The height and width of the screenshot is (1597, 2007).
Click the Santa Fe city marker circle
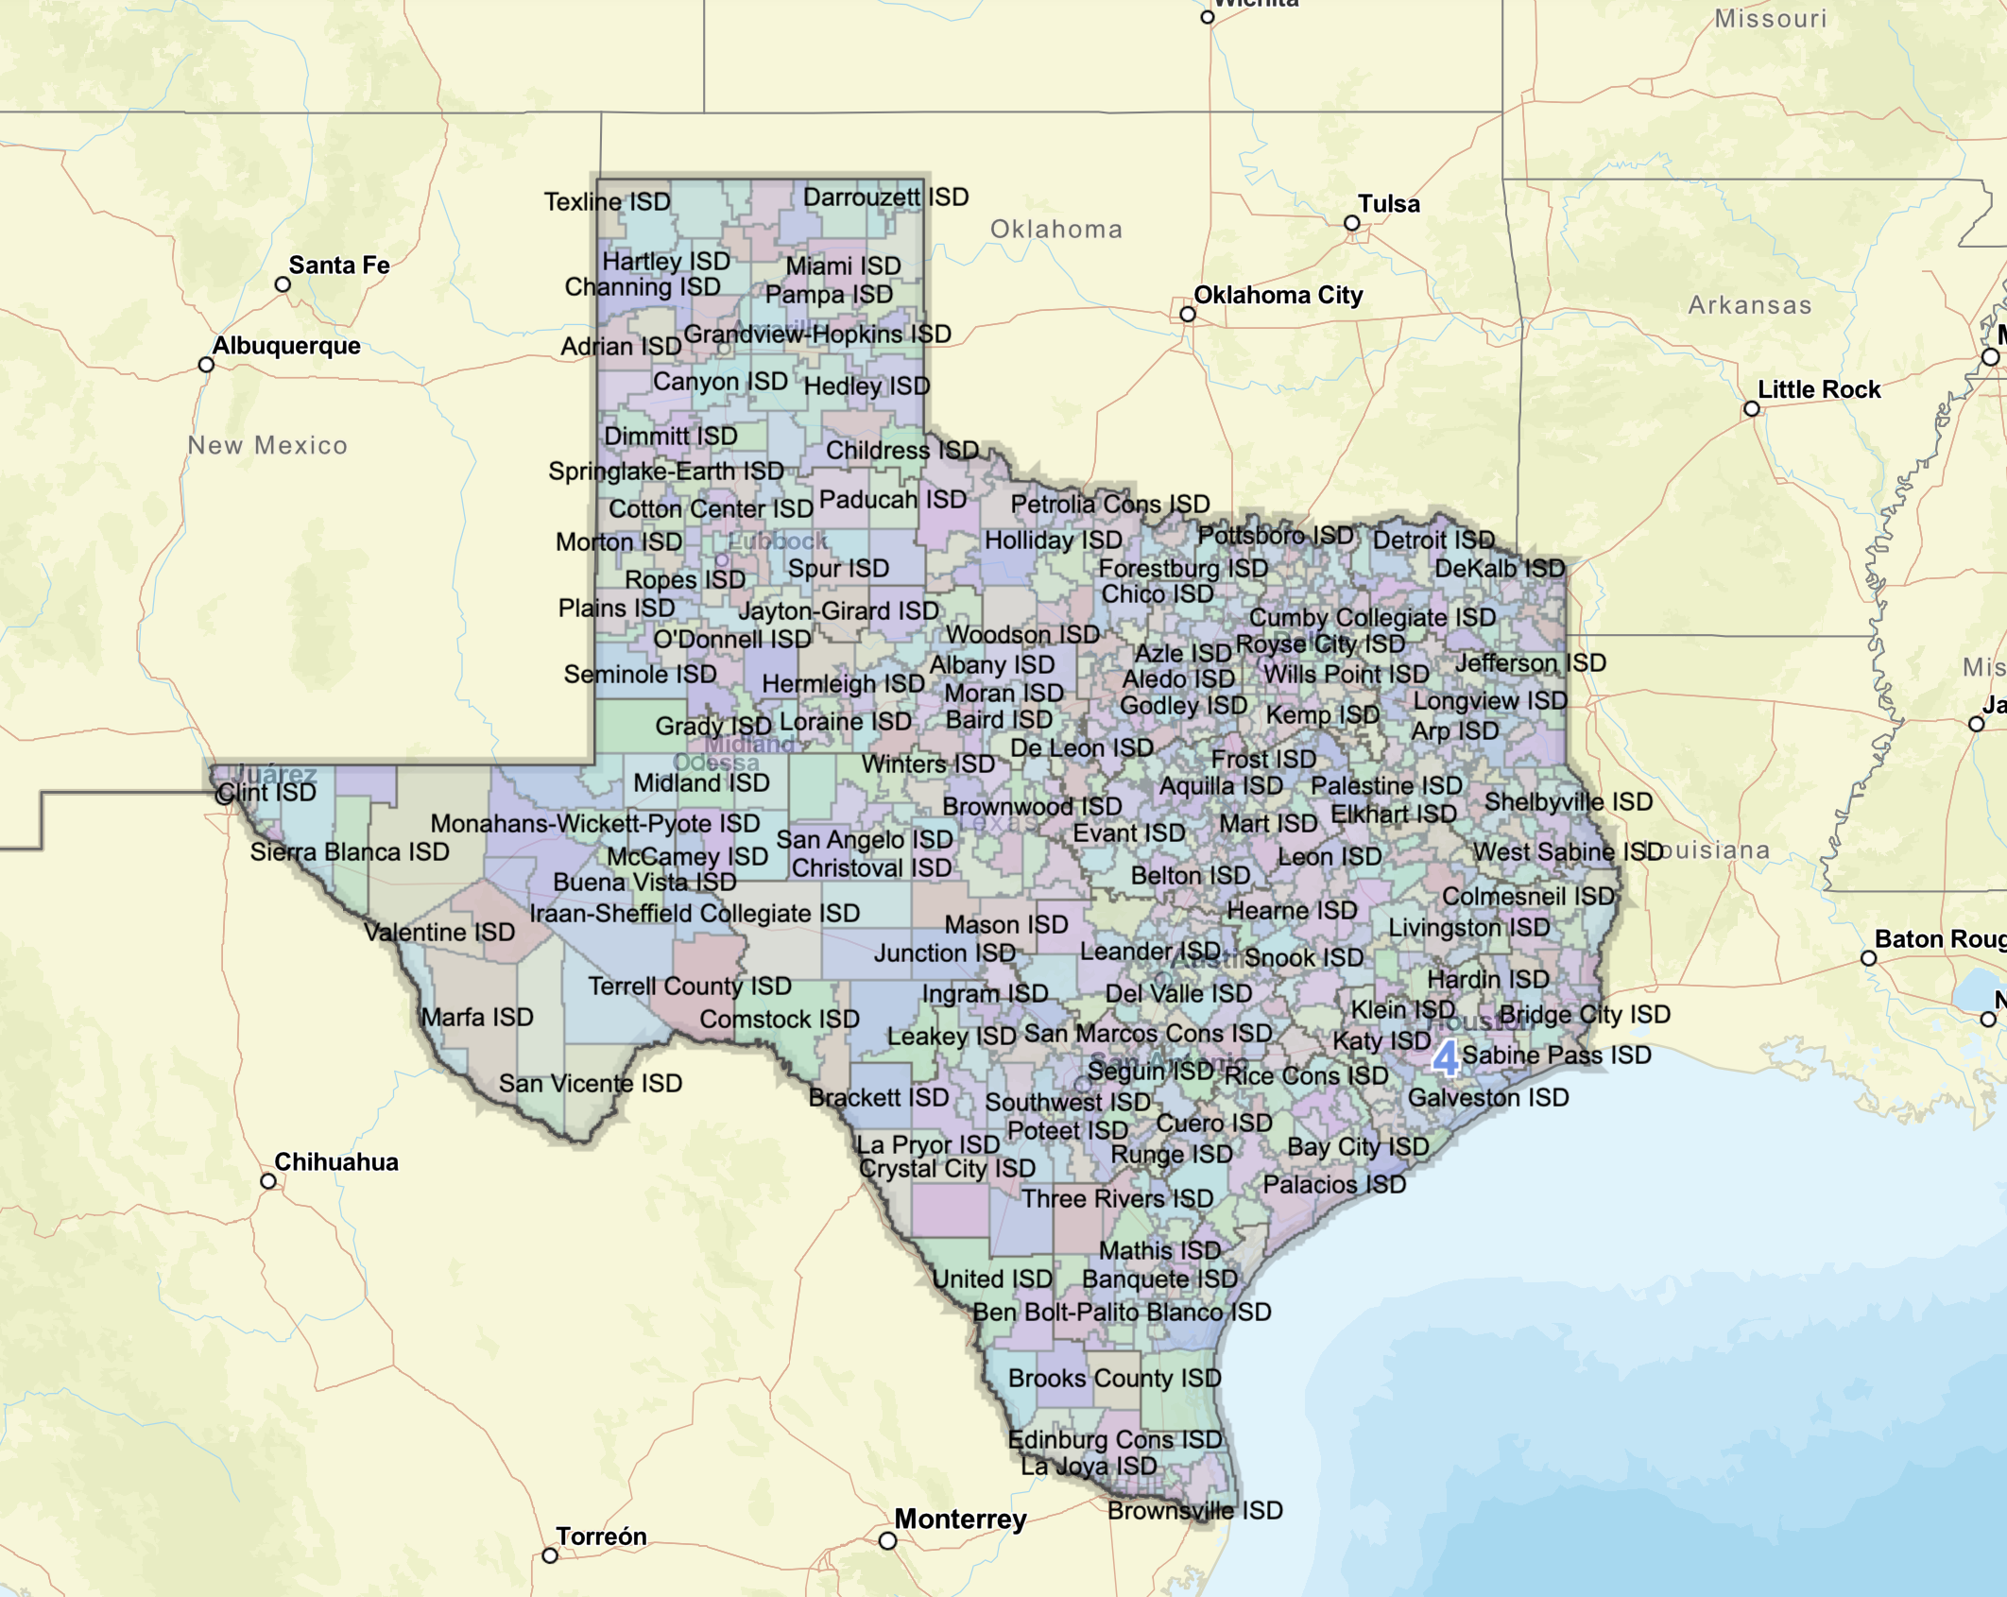pos(283,284)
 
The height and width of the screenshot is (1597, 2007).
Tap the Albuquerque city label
pos(286,346)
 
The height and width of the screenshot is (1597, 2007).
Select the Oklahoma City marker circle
pos(1188,315)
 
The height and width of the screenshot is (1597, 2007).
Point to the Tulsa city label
pos(1388,204)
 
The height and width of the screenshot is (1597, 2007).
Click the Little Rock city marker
pos(1752,409)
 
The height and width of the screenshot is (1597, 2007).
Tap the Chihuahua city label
pos(335,1162)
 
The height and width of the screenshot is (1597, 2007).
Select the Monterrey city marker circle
pos(887,1541)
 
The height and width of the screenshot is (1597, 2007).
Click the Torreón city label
pos(601,1537)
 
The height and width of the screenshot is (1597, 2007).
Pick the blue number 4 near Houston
pos(1445,1058)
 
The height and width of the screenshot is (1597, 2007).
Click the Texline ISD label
pos(607,202)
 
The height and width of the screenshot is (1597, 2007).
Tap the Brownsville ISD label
pos(1194,1511)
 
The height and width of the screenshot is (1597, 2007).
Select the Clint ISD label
pos(266,793)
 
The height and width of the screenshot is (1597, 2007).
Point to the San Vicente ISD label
pos(590,1084)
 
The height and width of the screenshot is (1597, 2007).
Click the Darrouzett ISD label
pos(885,197)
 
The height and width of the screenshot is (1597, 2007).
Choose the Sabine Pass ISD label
pos(1556,1056)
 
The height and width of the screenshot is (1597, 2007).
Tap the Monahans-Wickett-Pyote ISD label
pos(594,824)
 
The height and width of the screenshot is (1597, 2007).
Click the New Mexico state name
pos(267,446)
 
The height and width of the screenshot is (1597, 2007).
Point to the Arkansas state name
pos(1749,306)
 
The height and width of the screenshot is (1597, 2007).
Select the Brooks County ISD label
pos(1114,1379)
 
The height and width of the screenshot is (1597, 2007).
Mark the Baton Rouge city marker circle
pos(1868,958)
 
